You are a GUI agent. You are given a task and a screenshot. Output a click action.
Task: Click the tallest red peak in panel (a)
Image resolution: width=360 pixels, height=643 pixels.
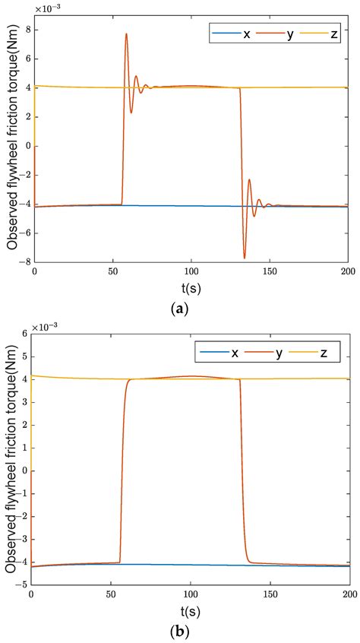(x=126, y=33)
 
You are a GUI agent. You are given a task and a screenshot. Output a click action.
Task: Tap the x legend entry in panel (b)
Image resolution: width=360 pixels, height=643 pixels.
(x=246, y=353)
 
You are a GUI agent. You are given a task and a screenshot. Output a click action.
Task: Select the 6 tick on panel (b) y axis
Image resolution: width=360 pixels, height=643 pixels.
(x=25, y=333)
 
